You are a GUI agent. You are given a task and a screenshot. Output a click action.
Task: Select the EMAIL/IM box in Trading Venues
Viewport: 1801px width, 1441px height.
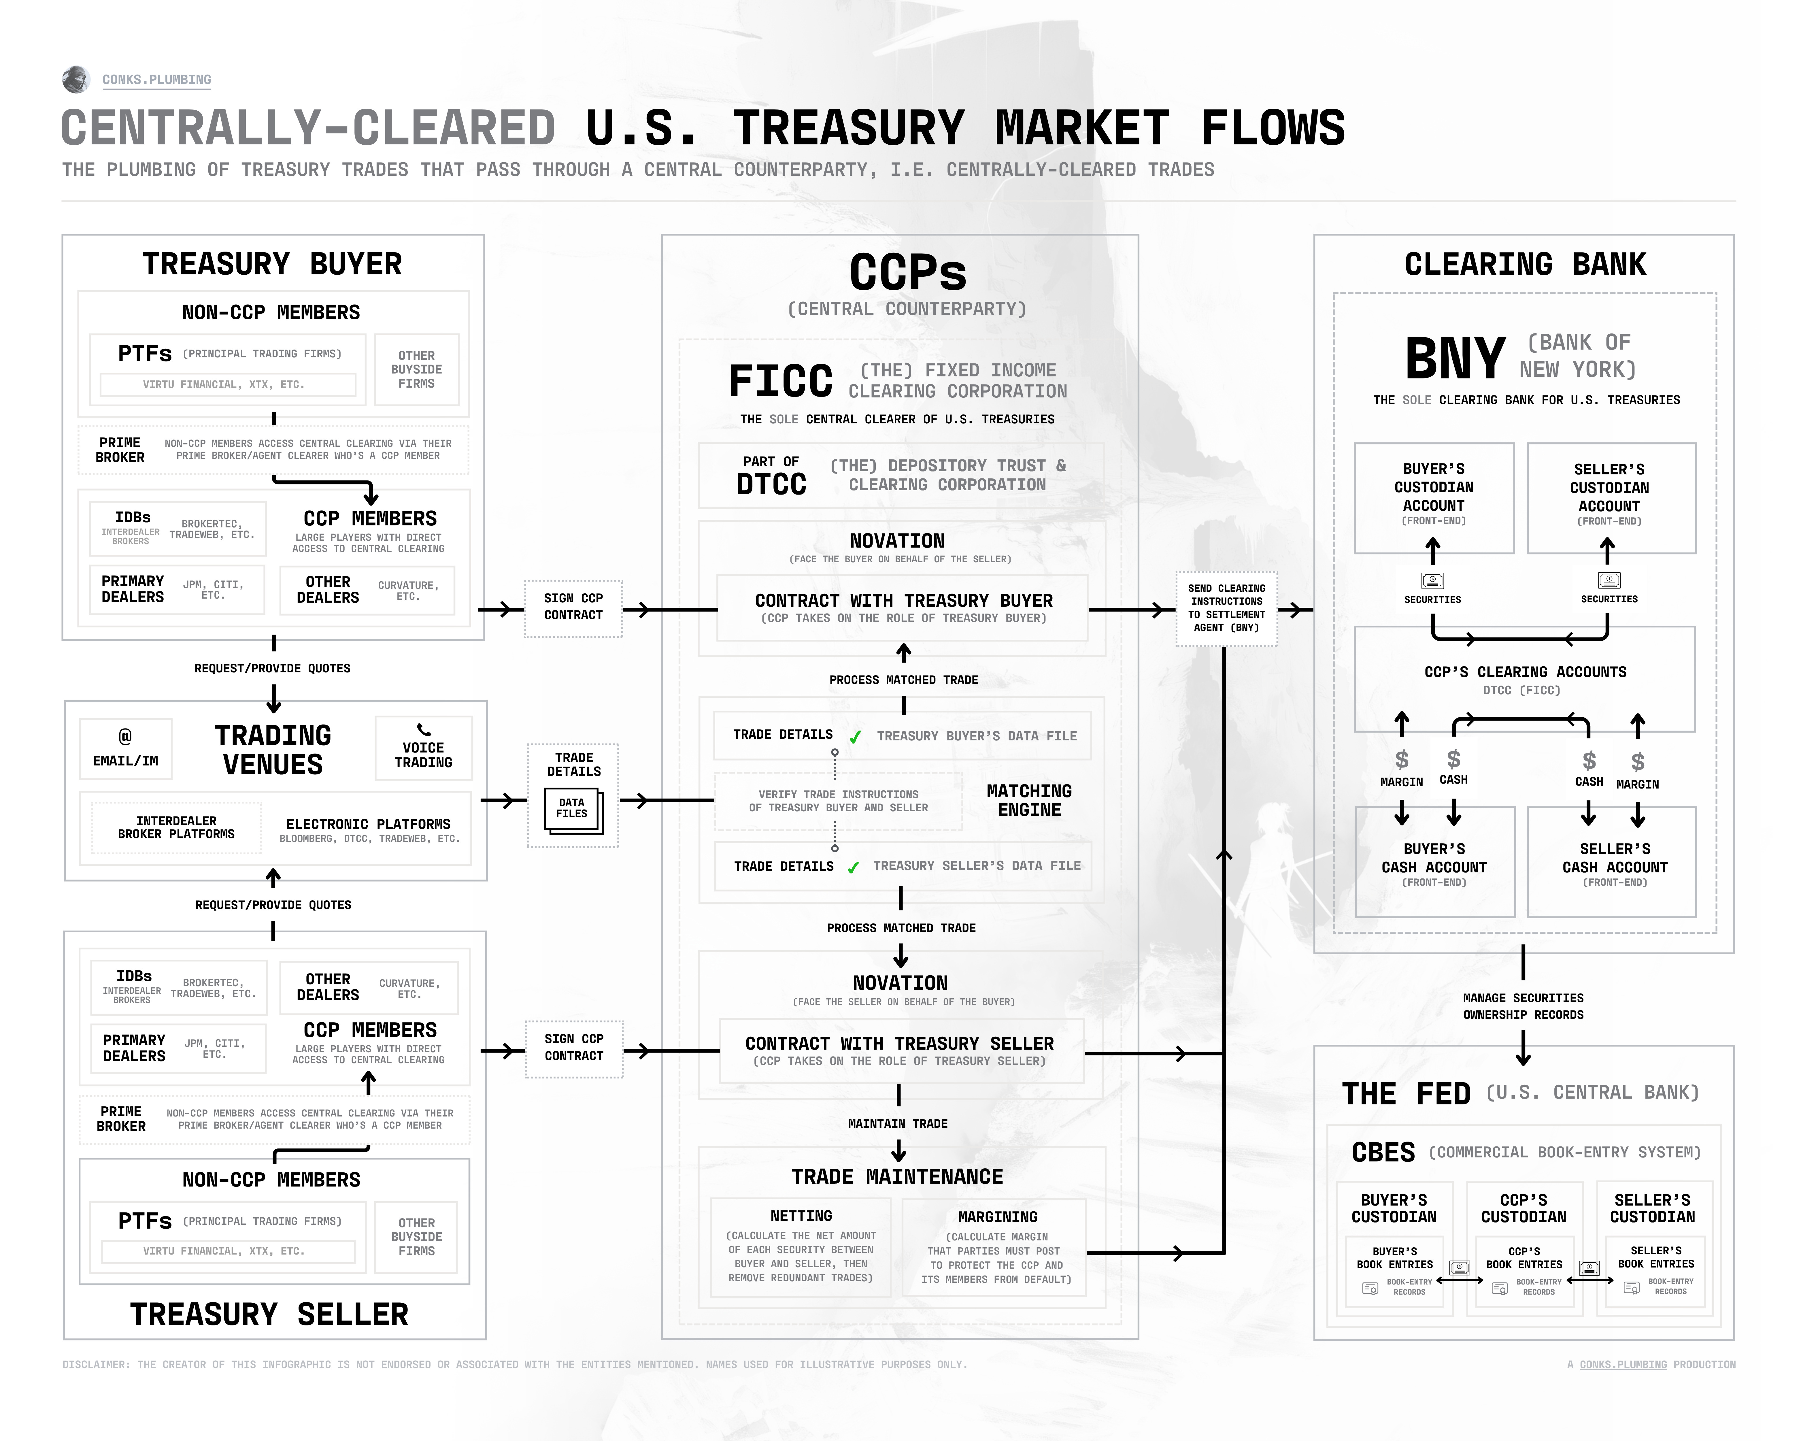125,748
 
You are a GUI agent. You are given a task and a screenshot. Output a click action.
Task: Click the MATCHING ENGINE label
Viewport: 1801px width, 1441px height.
1029,800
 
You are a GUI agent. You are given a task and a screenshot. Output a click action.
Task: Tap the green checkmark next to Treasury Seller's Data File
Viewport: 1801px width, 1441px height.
853,868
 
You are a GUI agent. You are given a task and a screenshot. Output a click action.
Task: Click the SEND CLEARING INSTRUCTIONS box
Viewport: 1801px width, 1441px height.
1226,608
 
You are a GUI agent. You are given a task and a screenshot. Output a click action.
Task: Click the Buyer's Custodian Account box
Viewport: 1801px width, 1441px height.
1433,497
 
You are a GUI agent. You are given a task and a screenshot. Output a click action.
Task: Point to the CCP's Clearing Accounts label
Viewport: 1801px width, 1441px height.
1525,672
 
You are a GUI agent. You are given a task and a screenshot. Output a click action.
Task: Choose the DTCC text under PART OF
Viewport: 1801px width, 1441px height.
771,484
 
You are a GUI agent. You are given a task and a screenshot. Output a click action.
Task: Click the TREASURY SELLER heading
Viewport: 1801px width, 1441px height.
269,1314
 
